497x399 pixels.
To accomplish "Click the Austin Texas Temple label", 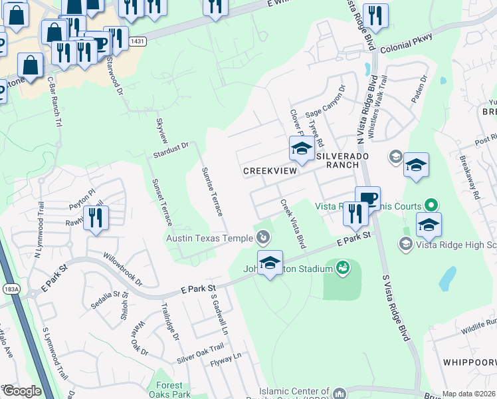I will pos(209,238).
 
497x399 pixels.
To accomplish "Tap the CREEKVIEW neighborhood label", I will pos(268,171).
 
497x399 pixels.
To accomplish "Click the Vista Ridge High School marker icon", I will pos(404,245).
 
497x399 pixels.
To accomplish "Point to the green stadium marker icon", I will pos(343,267).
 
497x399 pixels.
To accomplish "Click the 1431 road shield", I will pos(138,42).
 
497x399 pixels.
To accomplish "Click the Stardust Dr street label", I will pos(171,149).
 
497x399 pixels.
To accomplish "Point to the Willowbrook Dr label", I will pos(122,267).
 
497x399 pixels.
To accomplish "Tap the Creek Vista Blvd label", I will pos(292,224).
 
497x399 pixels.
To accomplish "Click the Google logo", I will pos(21,392).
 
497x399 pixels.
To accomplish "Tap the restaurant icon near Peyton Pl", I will pos(96,217).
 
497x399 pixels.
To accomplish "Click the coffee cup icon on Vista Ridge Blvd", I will pos(367,198).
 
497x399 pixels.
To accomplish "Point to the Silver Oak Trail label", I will pos(200,354).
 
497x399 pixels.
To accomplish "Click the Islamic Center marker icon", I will pos(340,394).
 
